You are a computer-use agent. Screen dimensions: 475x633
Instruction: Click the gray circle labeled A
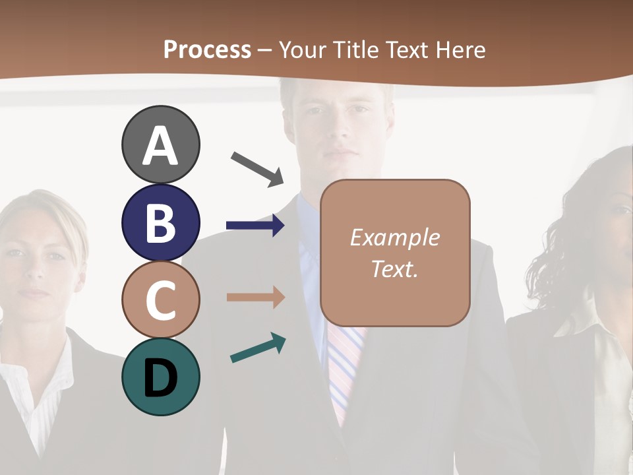point(161,145)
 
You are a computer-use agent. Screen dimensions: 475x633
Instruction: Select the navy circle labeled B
point(161,222)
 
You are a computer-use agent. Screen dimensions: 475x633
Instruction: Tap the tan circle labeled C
point(161,300)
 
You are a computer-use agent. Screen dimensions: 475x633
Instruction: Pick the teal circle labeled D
point(161,377)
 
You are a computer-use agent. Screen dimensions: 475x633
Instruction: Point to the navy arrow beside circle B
point(255,226)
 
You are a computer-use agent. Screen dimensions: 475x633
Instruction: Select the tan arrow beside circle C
point(255,297)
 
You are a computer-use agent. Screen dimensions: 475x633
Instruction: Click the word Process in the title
point(207,49)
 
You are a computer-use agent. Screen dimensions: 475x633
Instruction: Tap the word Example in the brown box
point(395,238)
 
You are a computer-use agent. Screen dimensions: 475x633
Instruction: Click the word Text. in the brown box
point(395,269)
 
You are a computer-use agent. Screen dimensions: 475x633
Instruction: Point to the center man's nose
point(339,132)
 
